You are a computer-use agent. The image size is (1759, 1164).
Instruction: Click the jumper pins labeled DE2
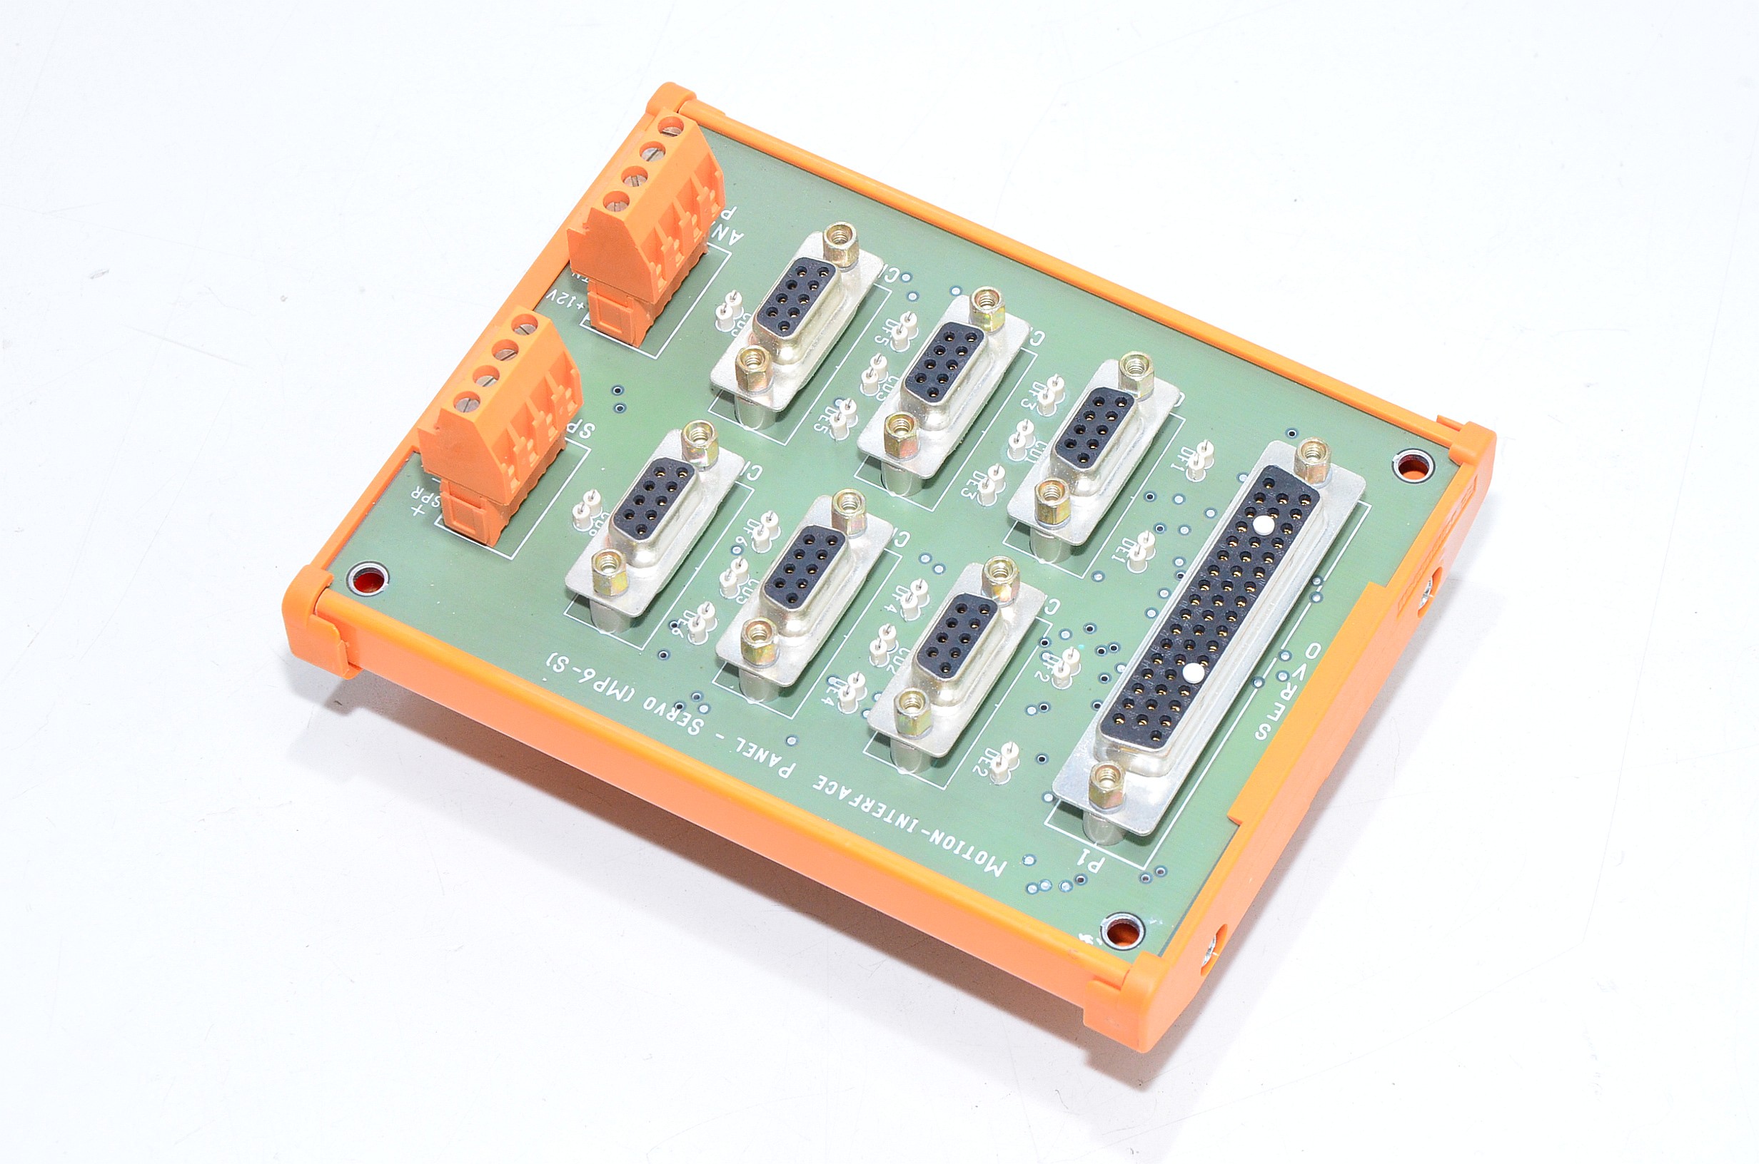click(1006, 760)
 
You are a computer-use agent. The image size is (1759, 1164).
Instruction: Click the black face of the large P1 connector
click(1211, 608)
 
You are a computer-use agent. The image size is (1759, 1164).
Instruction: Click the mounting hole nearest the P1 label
click(1122, 931)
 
